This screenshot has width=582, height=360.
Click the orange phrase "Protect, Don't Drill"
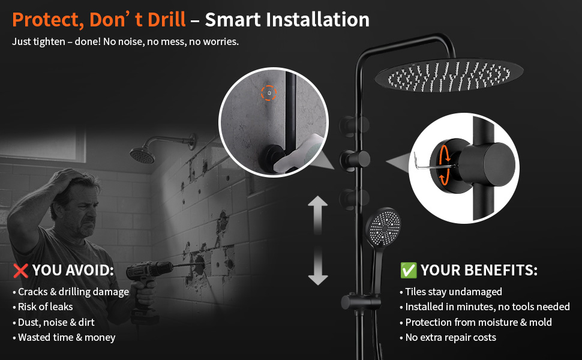(99, 20)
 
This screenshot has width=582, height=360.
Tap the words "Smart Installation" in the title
(287, 20)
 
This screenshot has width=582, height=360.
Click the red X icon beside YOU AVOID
(20, 271)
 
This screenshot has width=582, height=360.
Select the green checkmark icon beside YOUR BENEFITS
(408, 270)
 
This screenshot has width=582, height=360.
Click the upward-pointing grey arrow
(318, 215)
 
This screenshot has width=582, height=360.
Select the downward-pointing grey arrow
(318, 266)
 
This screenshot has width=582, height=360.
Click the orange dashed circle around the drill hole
(269, 93)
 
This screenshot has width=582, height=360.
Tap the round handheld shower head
(383, 226)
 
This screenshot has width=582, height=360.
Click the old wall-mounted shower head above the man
(142, 155)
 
